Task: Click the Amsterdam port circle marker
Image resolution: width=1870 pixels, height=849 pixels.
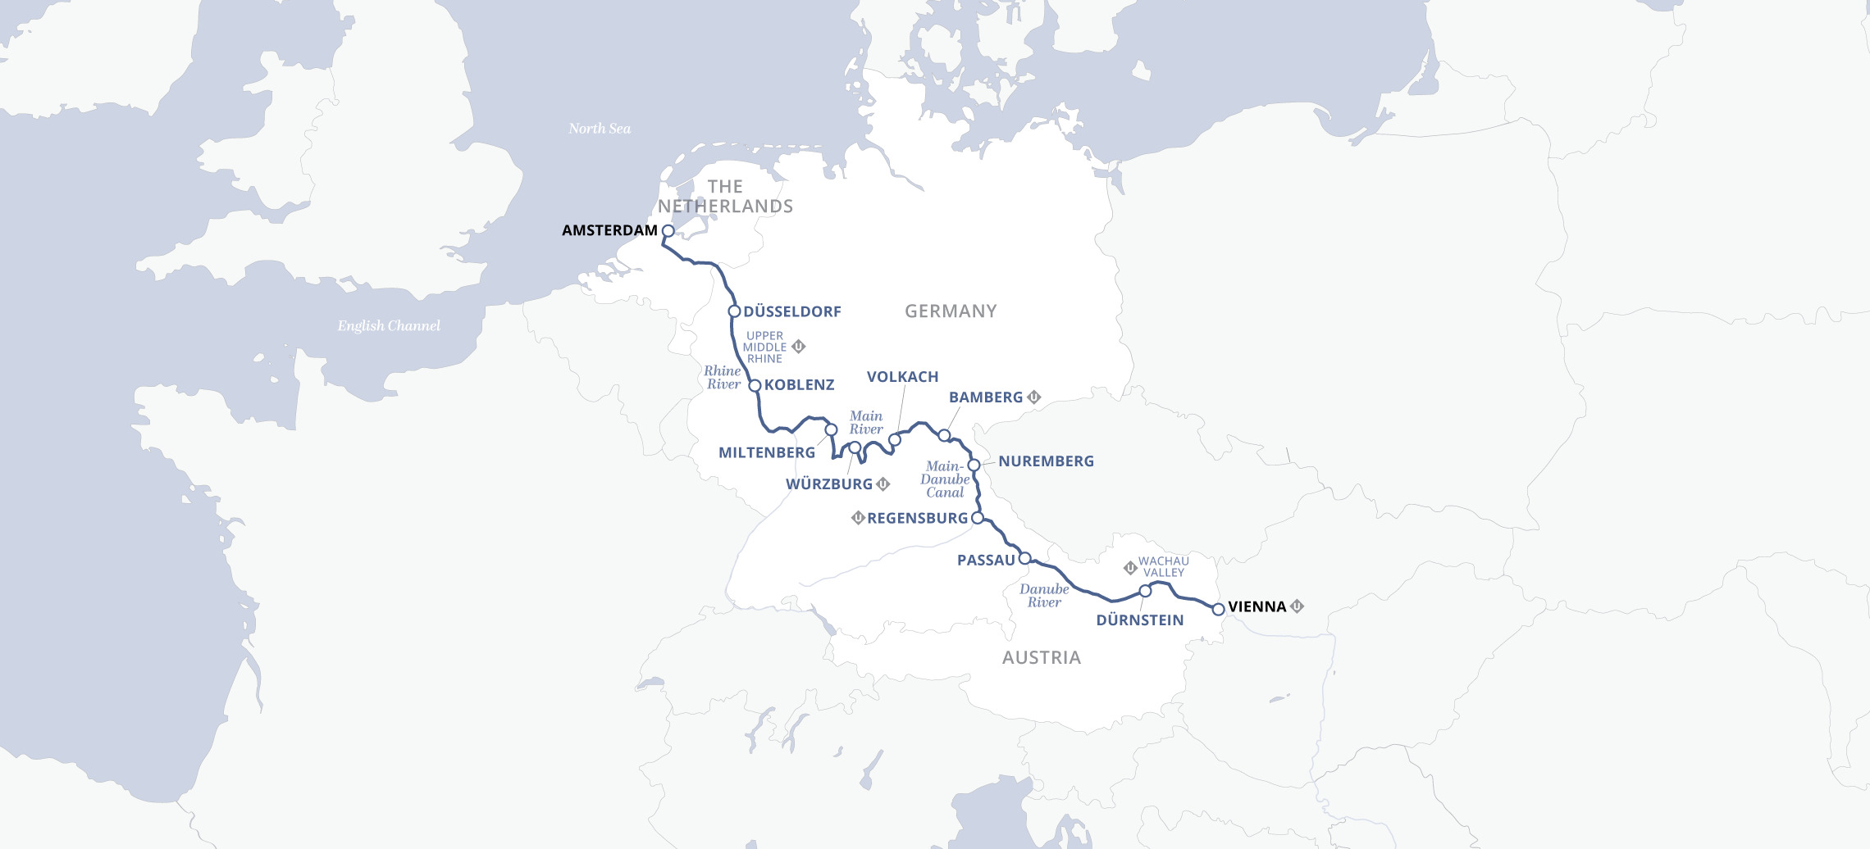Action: (668, 231)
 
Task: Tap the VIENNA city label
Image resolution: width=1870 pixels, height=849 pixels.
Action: (1257, 607)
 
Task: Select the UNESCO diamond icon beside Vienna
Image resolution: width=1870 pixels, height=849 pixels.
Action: (1297, 606)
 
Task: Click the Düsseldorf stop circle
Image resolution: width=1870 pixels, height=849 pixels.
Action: (735, 311)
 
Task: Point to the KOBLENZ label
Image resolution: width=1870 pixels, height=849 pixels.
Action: (799, 385)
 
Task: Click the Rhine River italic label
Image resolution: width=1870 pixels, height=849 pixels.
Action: (723, 378)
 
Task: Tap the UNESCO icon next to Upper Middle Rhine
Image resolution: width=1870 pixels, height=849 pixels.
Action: (798, 347)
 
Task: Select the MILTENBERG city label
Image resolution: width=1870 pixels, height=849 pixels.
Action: (766, 453)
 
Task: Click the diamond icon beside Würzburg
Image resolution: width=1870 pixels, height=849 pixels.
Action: (883, 484)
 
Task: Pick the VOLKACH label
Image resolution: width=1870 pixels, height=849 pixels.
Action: (902, 377)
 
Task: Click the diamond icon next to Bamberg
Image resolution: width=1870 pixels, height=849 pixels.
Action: (1034, 397)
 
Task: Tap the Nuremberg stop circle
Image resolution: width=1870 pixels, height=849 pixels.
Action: (974, 465)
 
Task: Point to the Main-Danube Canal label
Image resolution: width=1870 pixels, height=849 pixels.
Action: (945, 479)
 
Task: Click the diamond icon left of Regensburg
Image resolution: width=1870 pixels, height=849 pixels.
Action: (858, 518)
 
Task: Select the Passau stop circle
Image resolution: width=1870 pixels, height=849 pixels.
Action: (1024, 559)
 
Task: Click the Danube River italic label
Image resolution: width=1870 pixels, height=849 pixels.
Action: (1044, 596)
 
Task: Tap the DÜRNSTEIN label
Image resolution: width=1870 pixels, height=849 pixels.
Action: (1139, 620)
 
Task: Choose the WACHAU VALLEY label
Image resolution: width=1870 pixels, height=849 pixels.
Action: (1164, 567)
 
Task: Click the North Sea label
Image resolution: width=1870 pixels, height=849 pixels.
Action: (600, 129)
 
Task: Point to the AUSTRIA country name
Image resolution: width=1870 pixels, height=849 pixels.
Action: (1041, 658)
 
